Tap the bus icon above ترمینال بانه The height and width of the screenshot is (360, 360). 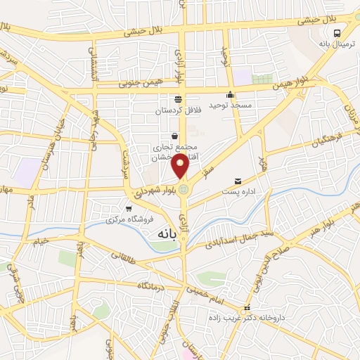tap(339, 33)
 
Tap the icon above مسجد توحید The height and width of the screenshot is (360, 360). tap(230, 95)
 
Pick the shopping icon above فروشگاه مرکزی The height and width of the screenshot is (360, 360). tap(128, 208)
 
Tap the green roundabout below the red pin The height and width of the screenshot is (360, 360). tap(184, 188)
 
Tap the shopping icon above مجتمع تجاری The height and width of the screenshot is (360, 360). tap(174, 136)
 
